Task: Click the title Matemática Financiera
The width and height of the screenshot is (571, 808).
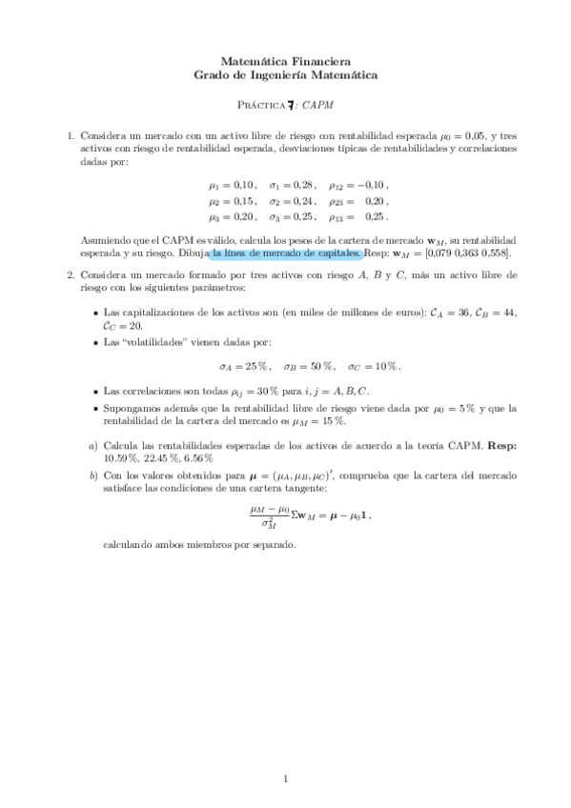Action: (285, 58)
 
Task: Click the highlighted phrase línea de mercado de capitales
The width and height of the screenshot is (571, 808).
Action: (285, 253)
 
